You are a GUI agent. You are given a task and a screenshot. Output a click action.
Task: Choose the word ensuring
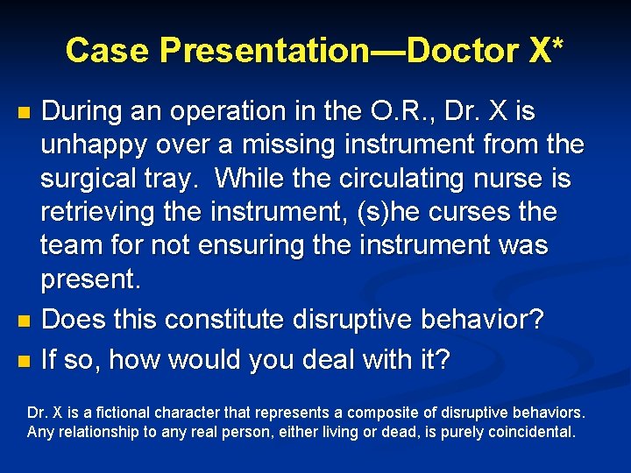click(x=263, y=245)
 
